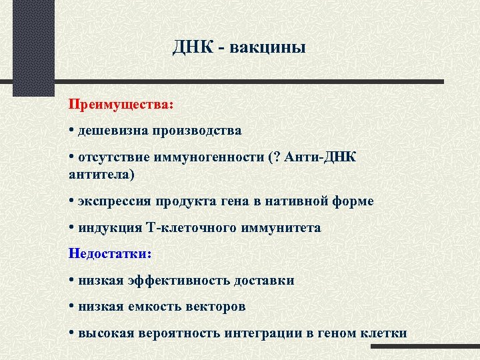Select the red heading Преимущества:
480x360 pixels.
pyautogui.click(x=110, y=105)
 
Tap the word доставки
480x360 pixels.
pyautogui.click(x=264, y=281)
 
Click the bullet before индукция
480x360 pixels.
pyautogui.click(x=71, y=228)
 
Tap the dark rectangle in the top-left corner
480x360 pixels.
pyautogui.click(x=33, y=47)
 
